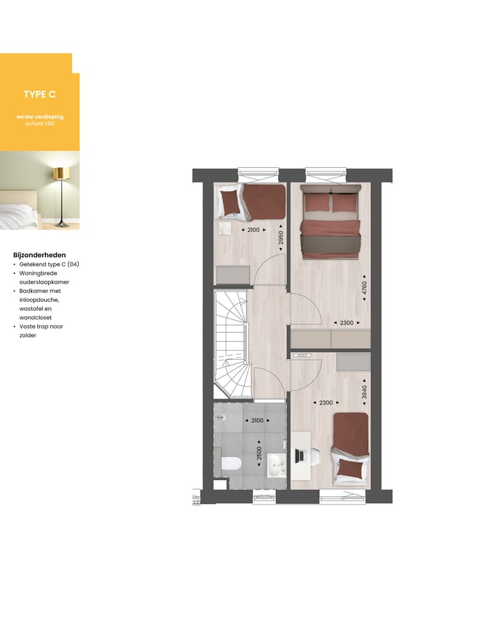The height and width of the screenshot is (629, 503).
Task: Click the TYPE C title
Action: (x=39, y=94)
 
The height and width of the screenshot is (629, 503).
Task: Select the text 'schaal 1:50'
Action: (x=39, y=123)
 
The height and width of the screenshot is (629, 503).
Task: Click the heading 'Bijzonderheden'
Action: (x=39, y=255)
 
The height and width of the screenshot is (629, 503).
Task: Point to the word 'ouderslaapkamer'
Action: (x=45, y=282)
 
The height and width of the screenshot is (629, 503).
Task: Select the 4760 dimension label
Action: (x=364, y=287)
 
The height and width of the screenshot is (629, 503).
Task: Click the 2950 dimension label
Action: (x=281, y=237)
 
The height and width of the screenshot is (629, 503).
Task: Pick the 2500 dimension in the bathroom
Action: (x=260, y=454)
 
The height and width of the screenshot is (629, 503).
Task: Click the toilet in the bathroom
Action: (x=230, y=463)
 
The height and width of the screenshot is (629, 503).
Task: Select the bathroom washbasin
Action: (x=277, y=463)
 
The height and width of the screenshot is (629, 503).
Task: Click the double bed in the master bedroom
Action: (x=330, y=220)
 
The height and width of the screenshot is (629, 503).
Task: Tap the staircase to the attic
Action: (x=231, y=335)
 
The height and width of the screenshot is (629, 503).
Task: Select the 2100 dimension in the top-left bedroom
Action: (x=254, y=230)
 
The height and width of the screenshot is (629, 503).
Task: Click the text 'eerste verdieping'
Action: (x=39, y=116)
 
